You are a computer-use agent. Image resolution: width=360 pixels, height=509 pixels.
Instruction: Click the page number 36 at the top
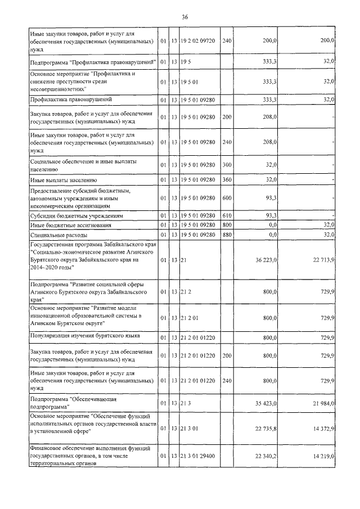tap(184, 18)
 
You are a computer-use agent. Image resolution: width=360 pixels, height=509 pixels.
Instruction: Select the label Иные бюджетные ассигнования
tap(70, 225)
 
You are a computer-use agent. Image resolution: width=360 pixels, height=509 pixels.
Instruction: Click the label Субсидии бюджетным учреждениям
tap(76, 215)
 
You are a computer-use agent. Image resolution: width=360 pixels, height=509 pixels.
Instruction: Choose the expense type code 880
tap(226, 235)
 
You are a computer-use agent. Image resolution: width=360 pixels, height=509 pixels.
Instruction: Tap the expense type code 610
tap(226, 215)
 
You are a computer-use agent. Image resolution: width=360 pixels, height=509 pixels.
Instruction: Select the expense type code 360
tap(226, 180)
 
